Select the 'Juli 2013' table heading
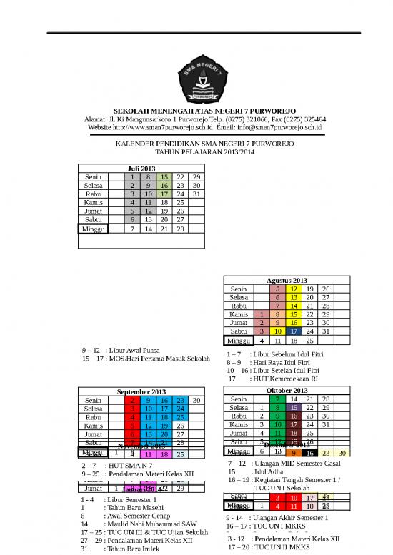(141, 169)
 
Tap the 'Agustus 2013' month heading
(287, 281)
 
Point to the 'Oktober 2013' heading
(287, 391)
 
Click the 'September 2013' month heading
(141, 391)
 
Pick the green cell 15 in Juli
(164, 177)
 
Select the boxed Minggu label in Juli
(93, 229)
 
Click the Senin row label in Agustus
(239, 289)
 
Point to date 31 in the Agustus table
(326, 331)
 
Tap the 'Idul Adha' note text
(264, 471)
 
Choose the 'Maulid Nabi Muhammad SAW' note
(150, 524)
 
